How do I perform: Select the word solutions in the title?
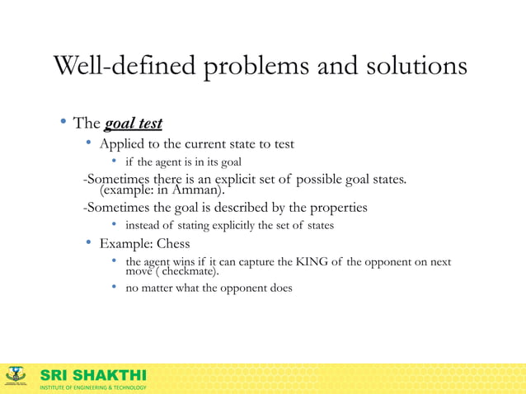click(x=414, y=67)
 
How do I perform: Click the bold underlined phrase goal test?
click(x=133, y=124)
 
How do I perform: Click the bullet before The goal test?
click(x=62, y=124)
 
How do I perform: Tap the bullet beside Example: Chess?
click(x=88, y=244)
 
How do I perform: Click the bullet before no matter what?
click(x=115, y=288)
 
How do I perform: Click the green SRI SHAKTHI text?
click(x=93, y=375)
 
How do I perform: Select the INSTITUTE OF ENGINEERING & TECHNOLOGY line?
click(x=93, y=387)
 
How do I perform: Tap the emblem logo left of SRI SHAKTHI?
click(x=16, y=377)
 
